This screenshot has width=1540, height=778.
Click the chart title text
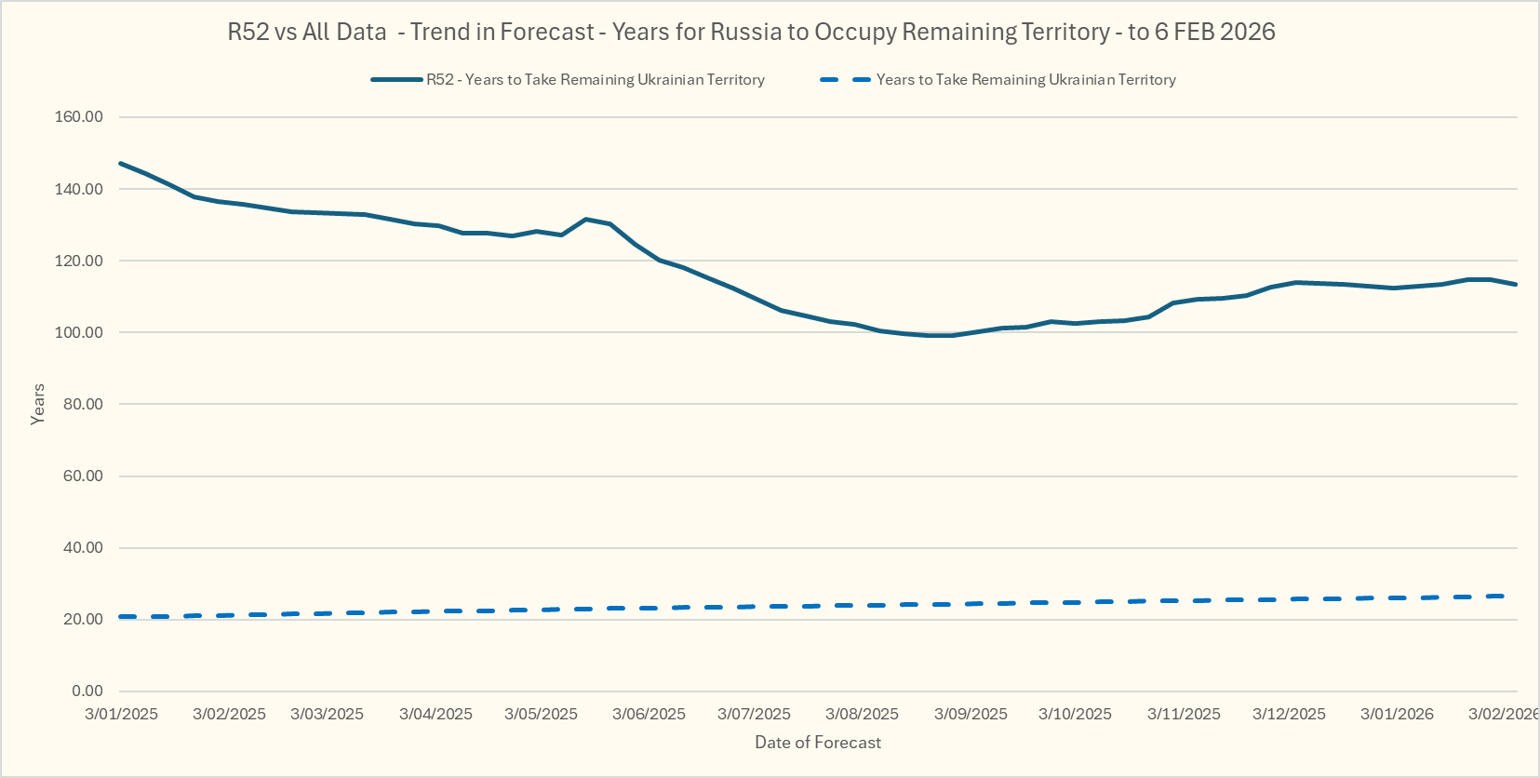click(x=751, y=32)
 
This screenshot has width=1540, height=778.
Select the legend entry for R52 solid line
click(x=568, y=80)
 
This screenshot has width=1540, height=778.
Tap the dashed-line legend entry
click(x=998, y=80)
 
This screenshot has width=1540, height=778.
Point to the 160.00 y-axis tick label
click(x=79, y=117)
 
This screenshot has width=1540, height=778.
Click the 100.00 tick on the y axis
click(x=79, y=332)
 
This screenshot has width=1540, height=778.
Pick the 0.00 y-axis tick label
click(x=87, y=691)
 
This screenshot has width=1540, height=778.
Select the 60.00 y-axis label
click(x=83, y=476)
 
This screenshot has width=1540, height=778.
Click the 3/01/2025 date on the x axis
click(x=121, y=714)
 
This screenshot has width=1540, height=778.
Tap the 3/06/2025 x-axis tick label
click(x=649, y=714)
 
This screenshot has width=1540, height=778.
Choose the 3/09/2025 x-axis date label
click(x=971, y=714)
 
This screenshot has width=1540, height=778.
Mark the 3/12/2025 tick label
click(x=1289, y=714)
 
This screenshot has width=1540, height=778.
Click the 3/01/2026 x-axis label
click(x=1397, y=714)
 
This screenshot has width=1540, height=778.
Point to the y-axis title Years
click(x=38, y=404)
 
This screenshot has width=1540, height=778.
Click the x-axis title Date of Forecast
click(x=817, y=743)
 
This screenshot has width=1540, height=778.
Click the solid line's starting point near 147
click(x=121, y=164)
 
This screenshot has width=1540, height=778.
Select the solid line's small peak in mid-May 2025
click(x=585, y=220)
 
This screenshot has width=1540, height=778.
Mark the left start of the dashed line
click(x=121, y=617)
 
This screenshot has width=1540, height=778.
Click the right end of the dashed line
click(x=1504, y=596)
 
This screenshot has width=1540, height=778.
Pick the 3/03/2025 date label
click(x=327, y=714)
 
